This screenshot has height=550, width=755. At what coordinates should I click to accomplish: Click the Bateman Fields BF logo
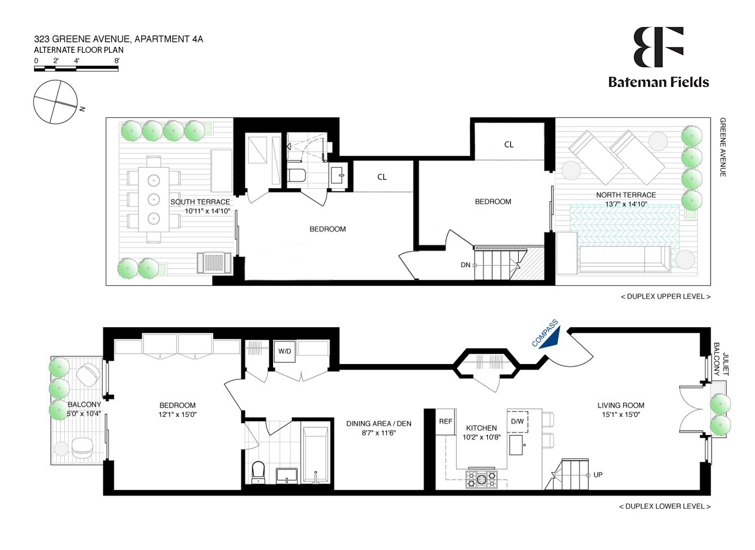658,47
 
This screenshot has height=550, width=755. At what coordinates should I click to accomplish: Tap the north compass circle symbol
55,102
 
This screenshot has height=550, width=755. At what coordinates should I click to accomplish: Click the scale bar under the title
76,69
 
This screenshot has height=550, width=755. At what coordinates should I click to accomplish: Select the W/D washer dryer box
285,351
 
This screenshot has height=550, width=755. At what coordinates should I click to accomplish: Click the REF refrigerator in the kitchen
446,422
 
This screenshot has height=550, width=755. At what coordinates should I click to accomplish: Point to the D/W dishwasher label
517,421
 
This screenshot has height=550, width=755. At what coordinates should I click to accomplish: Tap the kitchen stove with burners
481,479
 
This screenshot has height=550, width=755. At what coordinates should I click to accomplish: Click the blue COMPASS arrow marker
550,337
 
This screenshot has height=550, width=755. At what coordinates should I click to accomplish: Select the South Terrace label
200,202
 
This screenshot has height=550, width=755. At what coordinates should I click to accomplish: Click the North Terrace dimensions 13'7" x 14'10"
626,204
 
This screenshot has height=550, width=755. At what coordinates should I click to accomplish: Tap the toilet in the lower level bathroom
258,472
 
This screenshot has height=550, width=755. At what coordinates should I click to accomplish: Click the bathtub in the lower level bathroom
315,455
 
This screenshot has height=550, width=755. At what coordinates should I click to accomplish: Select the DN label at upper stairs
465,265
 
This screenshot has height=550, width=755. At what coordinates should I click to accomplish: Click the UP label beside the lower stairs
598,475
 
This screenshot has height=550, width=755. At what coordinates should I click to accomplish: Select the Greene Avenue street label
723,147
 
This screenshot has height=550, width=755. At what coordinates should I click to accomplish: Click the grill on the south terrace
214,263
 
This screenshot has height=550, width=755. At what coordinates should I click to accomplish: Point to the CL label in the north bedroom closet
509,145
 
